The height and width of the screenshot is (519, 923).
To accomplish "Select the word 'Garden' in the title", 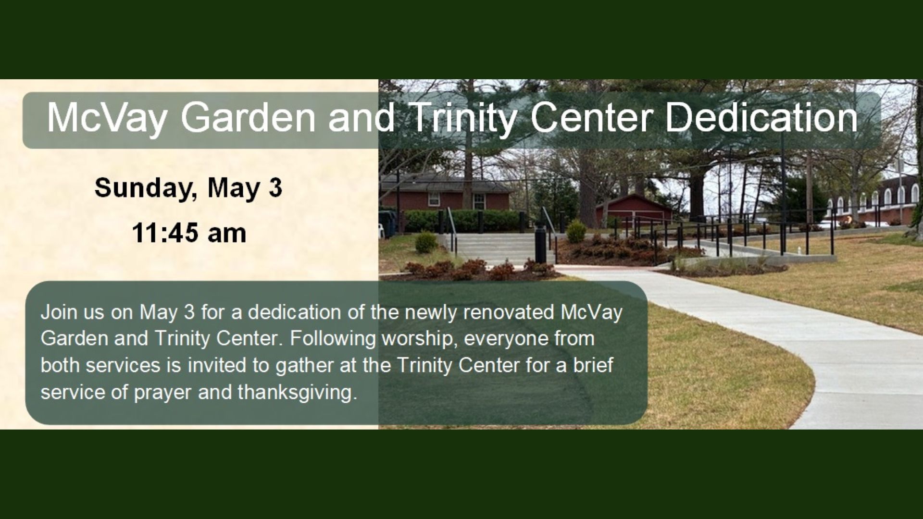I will [247, 118].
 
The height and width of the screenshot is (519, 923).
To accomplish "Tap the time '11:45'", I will [165, 234].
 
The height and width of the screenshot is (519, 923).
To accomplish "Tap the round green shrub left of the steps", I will [425, 242].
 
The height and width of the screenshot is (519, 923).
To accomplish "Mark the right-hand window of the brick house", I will [479, 201].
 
